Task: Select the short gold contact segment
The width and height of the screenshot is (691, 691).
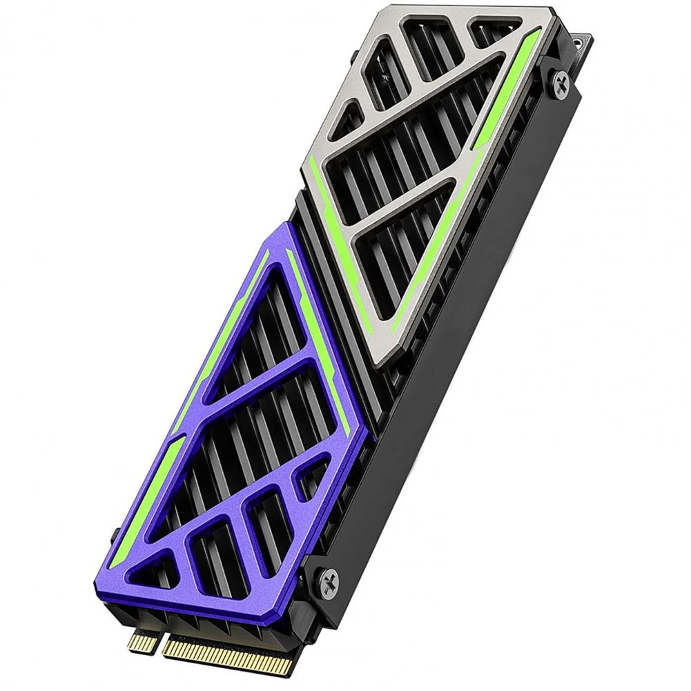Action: (x=142, y=641)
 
